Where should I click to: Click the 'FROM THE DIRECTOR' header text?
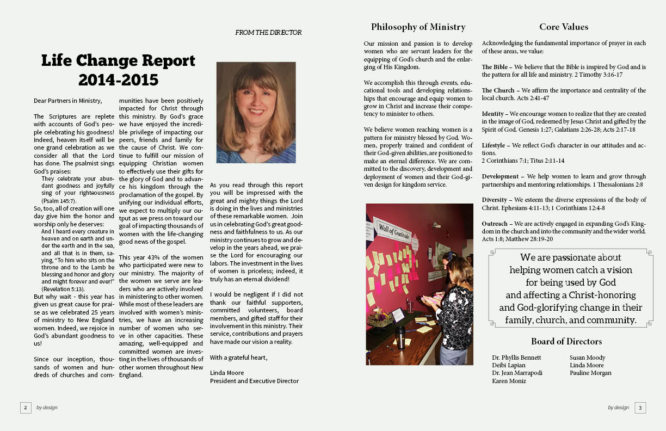(x=268, y=33)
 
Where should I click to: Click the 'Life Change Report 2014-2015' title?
(x=118, y=70)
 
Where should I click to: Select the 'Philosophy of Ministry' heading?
(x=418, y=27)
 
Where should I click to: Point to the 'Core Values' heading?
(x=564, y=27)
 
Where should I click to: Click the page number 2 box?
(x=26, y=407)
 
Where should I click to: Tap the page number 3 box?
(x=640, y=407)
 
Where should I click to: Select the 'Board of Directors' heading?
(x=566, y=341)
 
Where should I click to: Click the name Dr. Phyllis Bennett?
(x=516, y=358)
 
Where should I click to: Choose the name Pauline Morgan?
(x=590, y=373)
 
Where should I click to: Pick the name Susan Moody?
(x=587, y=358)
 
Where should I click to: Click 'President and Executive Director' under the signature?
(x=254, y=381)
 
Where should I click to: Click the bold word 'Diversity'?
(x=496, y=200)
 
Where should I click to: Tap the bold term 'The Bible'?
(x=495, y=67)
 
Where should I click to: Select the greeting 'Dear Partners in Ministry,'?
(x=67, y=101)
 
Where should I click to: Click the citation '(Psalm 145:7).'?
(x=59, y=201)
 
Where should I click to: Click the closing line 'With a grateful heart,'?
(x=238, y=358)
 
